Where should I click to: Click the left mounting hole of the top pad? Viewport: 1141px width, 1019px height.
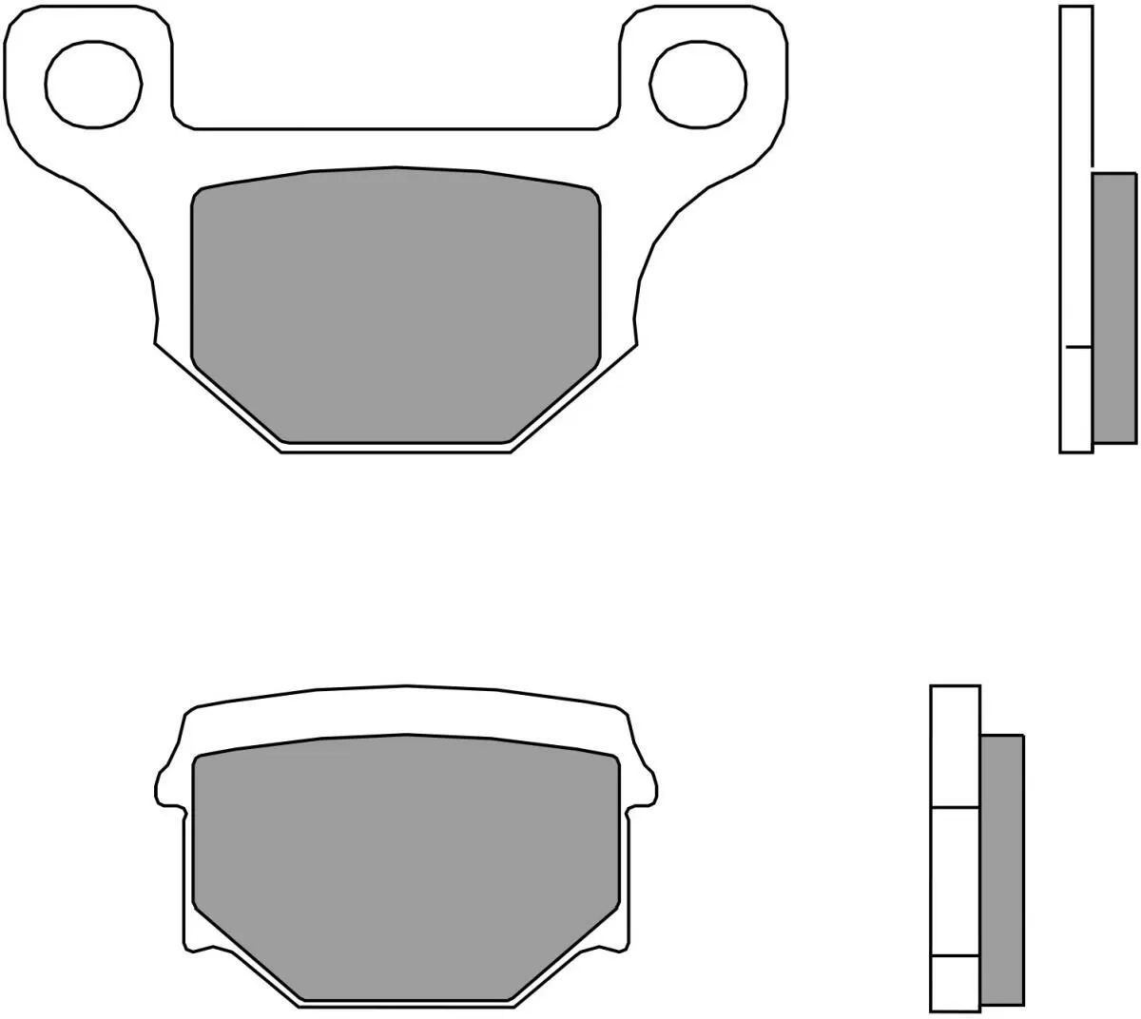(x=93, y=83)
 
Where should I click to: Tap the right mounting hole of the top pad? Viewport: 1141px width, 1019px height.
(x=698, y=83)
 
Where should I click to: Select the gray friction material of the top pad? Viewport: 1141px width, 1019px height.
(x=396, y=304)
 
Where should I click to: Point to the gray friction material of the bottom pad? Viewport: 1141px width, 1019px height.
(x=406, y=865)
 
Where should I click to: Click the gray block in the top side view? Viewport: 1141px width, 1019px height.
(x=1113, y=308)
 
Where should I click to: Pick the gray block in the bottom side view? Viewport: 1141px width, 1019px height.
(x=1001, y=869)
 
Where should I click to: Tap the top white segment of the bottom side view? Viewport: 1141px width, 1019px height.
(x=955, y=746)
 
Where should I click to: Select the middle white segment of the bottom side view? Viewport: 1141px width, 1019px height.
(x=955, y=880)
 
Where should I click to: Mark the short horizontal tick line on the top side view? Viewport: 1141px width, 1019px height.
(x=1077, y=347)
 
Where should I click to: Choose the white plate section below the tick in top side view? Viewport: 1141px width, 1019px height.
(x=1076, y=399)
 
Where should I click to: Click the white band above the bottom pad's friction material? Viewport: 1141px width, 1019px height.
(x=406, y=711)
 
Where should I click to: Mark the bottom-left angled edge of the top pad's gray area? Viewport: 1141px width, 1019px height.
(x=238, y=404)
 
